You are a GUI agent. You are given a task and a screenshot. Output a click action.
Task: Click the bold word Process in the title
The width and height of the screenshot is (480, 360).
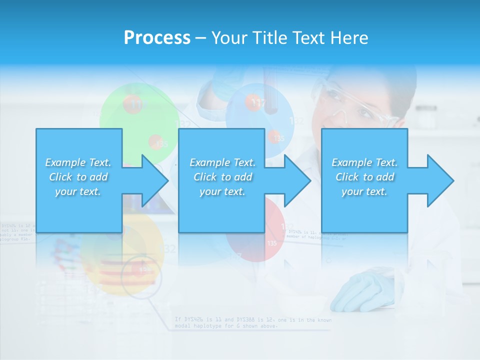point(157,38)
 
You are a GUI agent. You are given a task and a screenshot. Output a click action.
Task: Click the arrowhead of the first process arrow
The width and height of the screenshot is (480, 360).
point(155,180)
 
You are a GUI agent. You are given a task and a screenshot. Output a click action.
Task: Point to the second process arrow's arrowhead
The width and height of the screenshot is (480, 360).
point(297,180)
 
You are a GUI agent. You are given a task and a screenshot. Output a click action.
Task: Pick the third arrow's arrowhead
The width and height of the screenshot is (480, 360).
point(440,180)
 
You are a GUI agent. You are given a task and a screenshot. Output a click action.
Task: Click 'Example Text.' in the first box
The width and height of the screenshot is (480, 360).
point(78,162)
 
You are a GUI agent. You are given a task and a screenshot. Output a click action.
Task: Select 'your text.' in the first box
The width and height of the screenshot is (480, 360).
point(78,191)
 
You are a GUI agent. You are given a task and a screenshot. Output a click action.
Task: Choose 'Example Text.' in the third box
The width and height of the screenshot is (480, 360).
point(364,162)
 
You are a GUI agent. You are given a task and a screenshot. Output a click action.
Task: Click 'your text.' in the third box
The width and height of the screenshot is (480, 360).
point(364,191)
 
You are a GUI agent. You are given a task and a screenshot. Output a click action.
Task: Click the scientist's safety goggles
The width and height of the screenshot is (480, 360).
point(357,107)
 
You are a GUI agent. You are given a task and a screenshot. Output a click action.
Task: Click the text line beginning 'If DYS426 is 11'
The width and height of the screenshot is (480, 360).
point(252,319)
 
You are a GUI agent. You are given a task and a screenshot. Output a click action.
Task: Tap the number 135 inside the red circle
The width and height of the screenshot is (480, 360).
point(272,243)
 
